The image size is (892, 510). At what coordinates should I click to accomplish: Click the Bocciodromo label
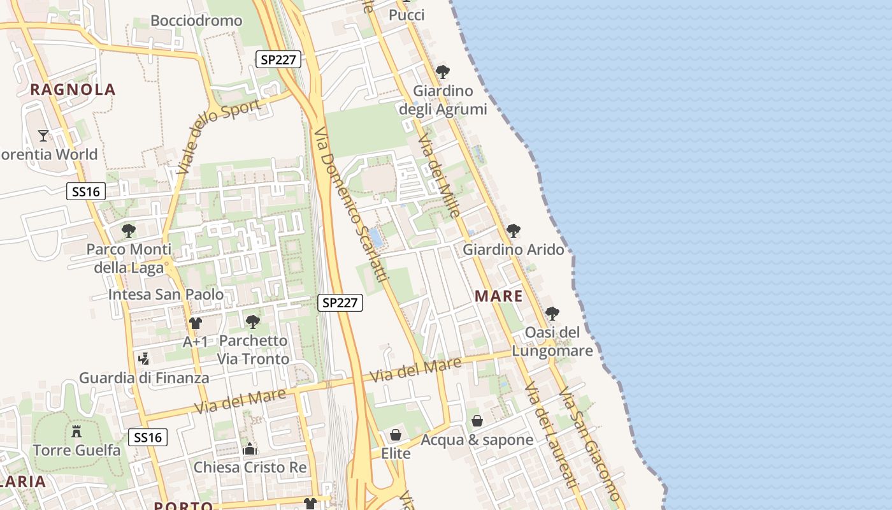coord(196,21)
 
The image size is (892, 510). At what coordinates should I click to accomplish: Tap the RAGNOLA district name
coord(73,90)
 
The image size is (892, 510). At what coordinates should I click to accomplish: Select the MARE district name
coord(499,296)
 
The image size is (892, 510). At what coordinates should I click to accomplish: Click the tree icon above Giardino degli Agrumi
coord(443,71)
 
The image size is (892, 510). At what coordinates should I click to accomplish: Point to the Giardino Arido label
coord(514,249)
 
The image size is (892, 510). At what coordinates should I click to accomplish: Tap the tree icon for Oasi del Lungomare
coord(552,313)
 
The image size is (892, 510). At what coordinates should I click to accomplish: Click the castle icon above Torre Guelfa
coord(76,432)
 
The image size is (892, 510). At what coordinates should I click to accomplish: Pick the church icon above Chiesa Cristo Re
coord(250,449)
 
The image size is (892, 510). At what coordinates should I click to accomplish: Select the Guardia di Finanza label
coord(144,378)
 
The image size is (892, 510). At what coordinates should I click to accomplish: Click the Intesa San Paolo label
coord(166,295)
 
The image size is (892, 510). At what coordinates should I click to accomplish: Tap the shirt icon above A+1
coord(195,323)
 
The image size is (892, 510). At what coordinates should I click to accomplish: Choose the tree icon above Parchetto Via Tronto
coord(253,321)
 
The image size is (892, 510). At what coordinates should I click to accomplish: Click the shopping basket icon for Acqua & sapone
coord(477,421)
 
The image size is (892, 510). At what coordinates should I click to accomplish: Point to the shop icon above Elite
coord(396,435)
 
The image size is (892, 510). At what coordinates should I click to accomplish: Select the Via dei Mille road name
coord(439,176)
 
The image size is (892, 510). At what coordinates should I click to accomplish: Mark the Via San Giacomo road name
coord(589,444)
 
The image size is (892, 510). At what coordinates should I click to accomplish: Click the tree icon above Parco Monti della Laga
coord(129,230)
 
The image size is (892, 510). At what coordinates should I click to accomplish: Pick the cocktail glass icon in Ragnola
coord(43,135)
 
